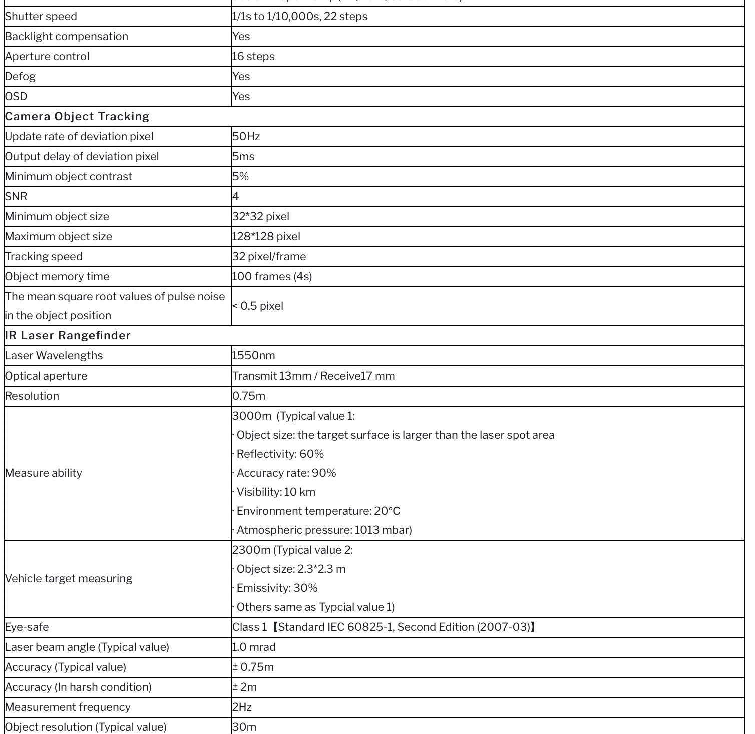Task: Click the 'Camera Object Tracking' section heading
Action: point(77,116)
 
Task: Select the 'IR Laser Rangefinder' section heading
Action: point(68,335)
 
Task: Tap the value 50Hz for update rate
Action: point(246,136)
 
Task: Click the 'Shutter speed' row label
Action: point(41,16)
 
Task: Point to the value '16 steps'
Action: point(253,56)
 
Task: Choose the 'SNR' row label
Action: point(16,196)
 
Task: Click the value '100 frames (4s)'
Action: point(272,276)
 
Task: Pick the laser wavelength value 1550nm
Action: point(254,355)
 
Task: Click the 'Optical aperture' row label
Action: point(46,376)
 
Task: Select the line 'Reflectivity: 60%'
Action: point(280,454)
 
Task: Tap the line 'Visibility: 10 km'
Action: point(276,492)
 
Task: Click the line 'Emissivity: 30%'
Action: point(277,588)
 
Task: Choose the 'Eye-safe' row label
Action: point(27,627)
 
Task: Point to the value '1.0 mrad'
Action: point(254,647)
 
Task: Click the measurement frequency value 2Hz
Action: point(242,707)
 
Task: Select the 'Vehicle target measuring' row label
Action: point(69,578)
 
